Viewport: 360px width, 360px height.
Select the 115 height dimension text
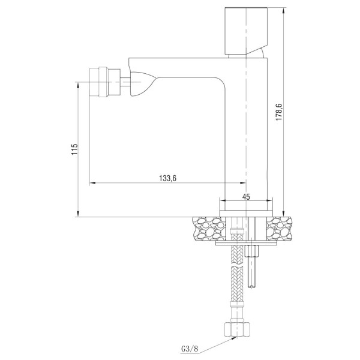(x=73, y=149)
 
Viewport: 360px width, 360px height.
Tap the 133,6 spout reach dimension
(x=167, y=177)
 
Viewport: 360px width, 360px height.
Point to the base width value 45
(x=246, y=195)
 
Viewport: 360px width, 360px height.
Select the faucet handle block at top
(x=244, y=30)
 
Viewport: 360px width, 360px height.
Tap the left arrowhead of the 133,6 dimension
(x=92, y=183)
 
